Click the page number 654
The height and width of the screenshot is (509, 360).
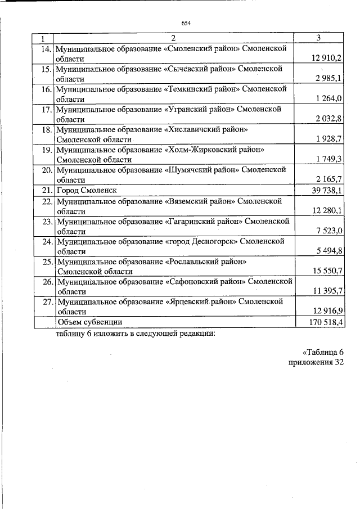186,23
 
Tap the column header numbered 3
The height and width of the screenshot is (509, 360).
319,38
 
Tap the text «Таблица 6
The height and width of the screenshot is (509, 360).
323,352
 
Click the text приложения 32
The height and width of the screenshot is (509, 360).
316,362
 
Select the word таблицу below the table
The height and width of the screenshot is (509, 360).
73,332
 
